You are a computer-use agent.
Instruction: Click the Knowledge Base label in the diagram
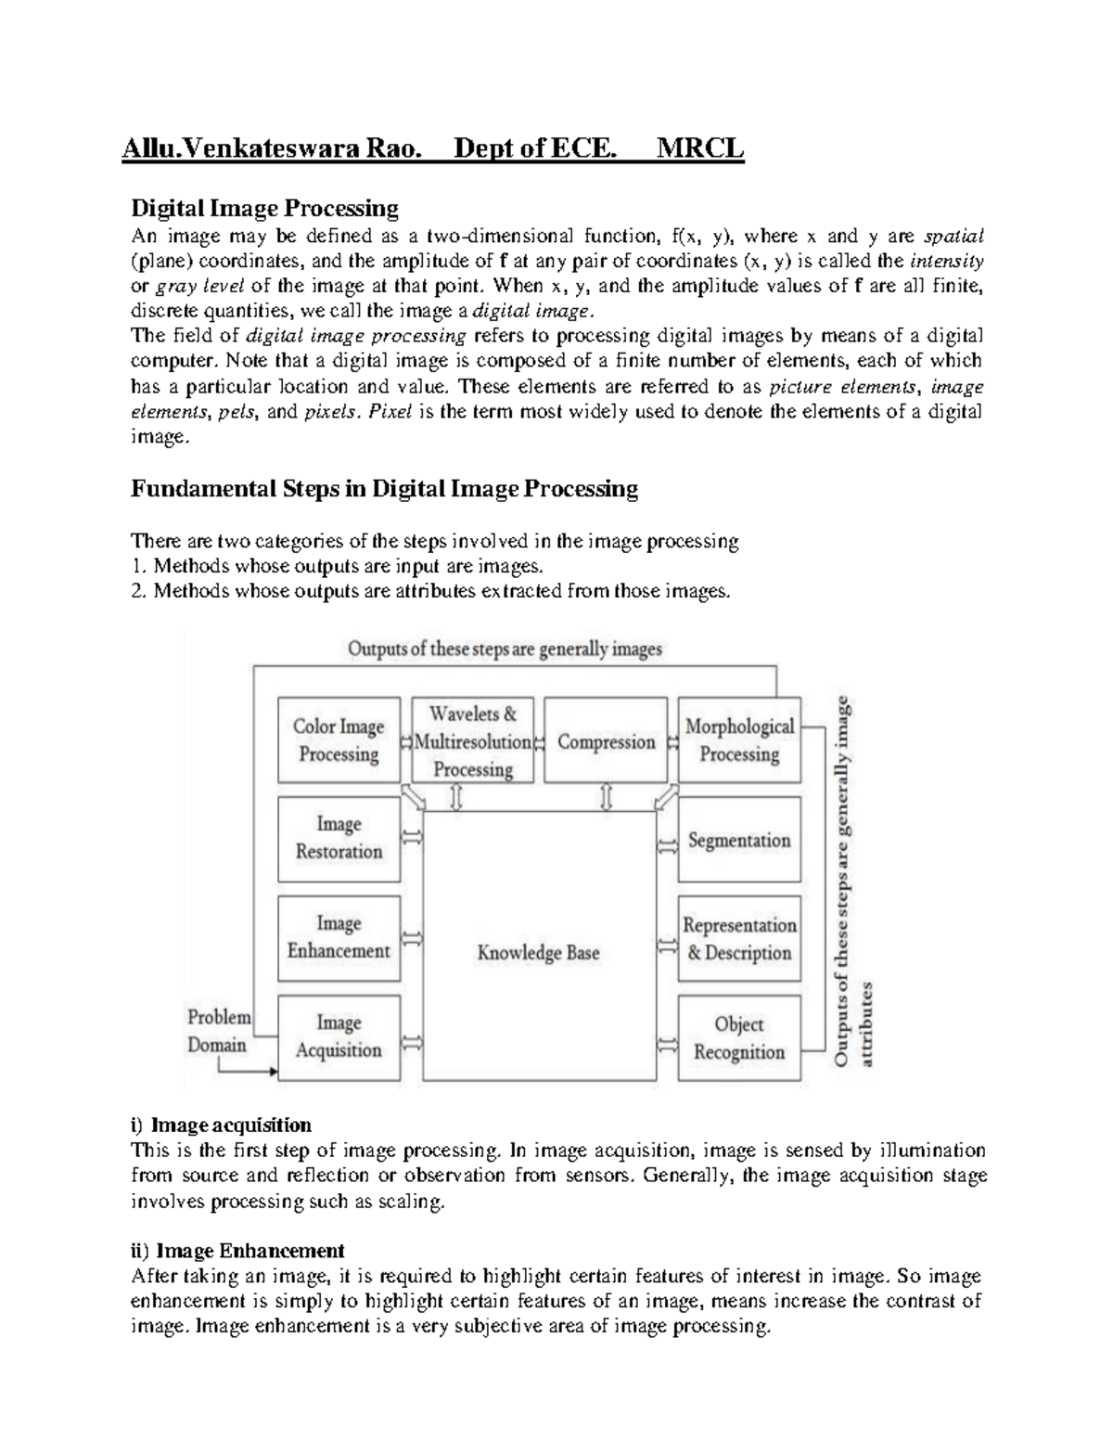538,952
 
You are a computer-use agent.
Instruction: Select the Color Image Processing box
339,740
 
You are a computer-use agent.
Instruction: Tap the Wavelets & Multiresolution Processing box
473,740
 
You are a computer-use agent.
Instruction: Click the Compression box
606,740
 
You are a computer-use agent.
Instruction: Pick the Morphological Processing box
739,740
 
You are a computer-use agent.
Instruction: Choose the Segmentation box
739,840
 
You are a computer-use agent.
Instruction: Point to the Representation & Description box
739,938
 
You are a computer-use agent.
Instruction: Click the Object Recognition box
739,1037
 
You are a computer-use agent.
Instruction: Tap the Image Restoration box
339,837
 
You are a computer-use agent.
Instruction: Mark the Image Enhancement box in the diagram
339,936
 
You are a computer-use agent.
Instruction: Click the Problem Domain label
218,1031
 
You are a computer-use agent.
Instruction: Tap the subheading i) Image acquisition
221,1125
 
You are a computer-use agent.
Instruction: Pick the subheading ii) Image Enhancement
237,1250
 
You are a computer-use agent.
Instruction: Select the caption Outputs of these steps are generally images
505,649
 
